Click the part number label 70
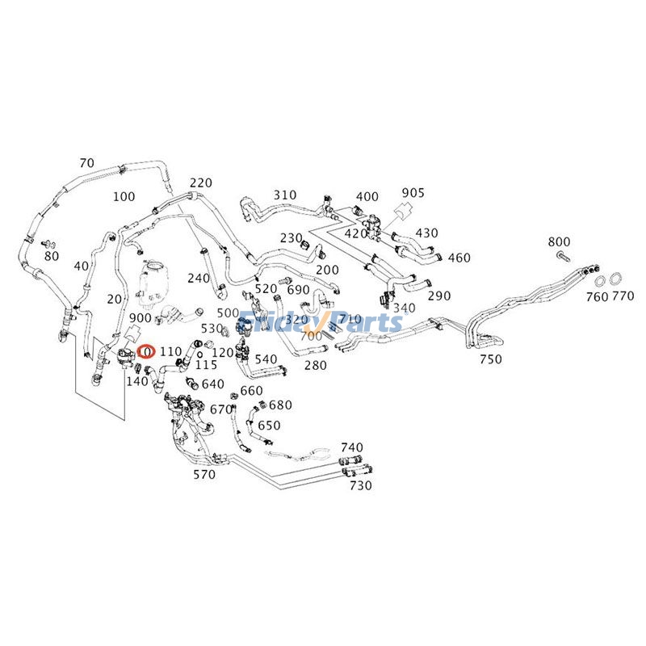pos(87,163)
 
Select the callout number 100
pos(124,196)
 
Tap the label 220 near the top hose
pos(201,182)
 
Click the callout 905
pos(413,193)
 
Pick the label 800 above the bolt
pos(559,241)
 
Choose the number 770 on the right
pos(623,296)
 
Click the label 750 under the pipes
pos(490,359)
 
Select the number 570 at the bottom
pos(204,475)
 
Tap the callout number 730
pos(360,485)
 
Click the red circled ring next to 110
pos(146,351)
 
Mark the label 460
pos(459,258)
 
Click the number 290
pos(439,296)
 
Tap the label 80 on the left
pos(52,256)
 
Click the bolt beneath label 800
pos(563,256)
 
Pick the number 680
pos(280,405)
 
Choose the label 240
pos(199,278)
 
